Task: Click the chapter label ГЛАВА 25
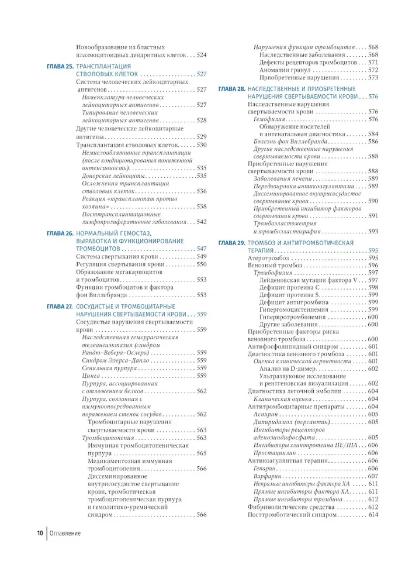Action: click(59, 67)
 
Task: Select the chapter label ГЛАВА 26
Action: click(59, 233)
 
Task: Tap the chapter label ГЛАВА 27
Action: click(59, 306)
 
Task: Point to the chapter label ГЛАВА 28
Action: click(231, 89)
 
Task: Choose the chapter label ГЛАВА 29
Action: click(231, 242)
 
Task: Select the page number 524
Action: click(201, 54)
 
